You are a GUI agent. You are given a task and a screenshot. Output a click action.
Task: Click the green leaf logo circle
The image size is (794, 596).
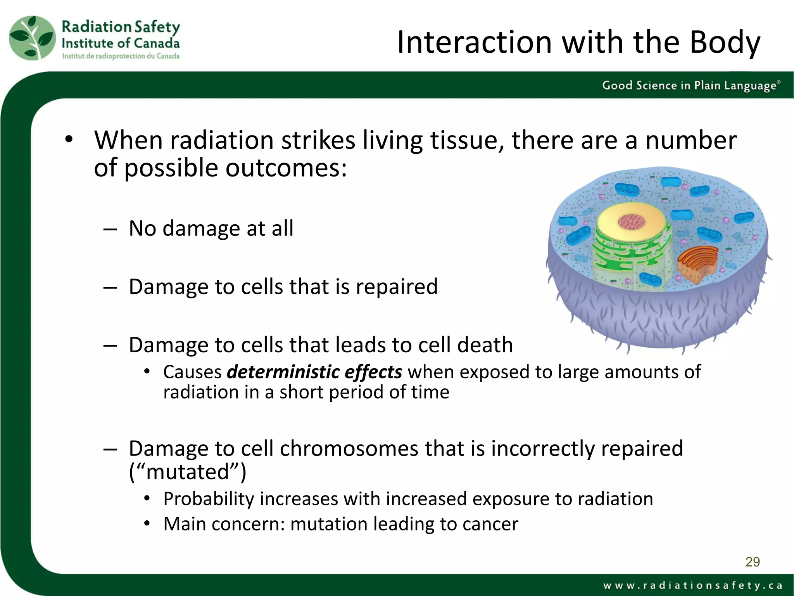[33, 38]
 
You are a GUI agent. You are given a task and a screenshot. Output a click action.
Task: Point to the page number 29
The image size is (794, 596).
[753, 562]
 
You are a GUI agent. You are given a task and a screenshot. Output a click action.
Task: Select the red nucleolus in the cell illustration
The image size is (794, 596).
[631, 222]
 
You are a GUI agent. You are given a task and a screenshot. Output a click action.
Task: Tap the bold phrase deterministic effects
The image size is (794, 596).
[314, 372]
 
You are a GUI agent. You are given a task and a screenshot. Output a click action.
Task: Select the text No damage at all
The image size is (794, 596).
[211, 228]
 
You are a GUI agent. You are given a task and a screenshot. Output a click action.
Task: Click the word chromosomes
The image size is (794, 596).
[349, 449]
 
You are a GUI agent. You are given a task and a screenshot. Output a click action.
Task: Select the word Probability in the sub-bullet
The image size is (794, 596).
[209, 499]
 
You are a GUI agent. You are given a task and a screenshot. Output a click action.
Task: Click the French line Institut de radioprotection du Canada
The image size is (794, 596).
[121, 56]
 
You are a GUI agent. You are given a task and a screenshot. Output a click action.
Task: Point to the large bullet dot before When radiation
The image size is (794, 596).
[69, 140]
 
